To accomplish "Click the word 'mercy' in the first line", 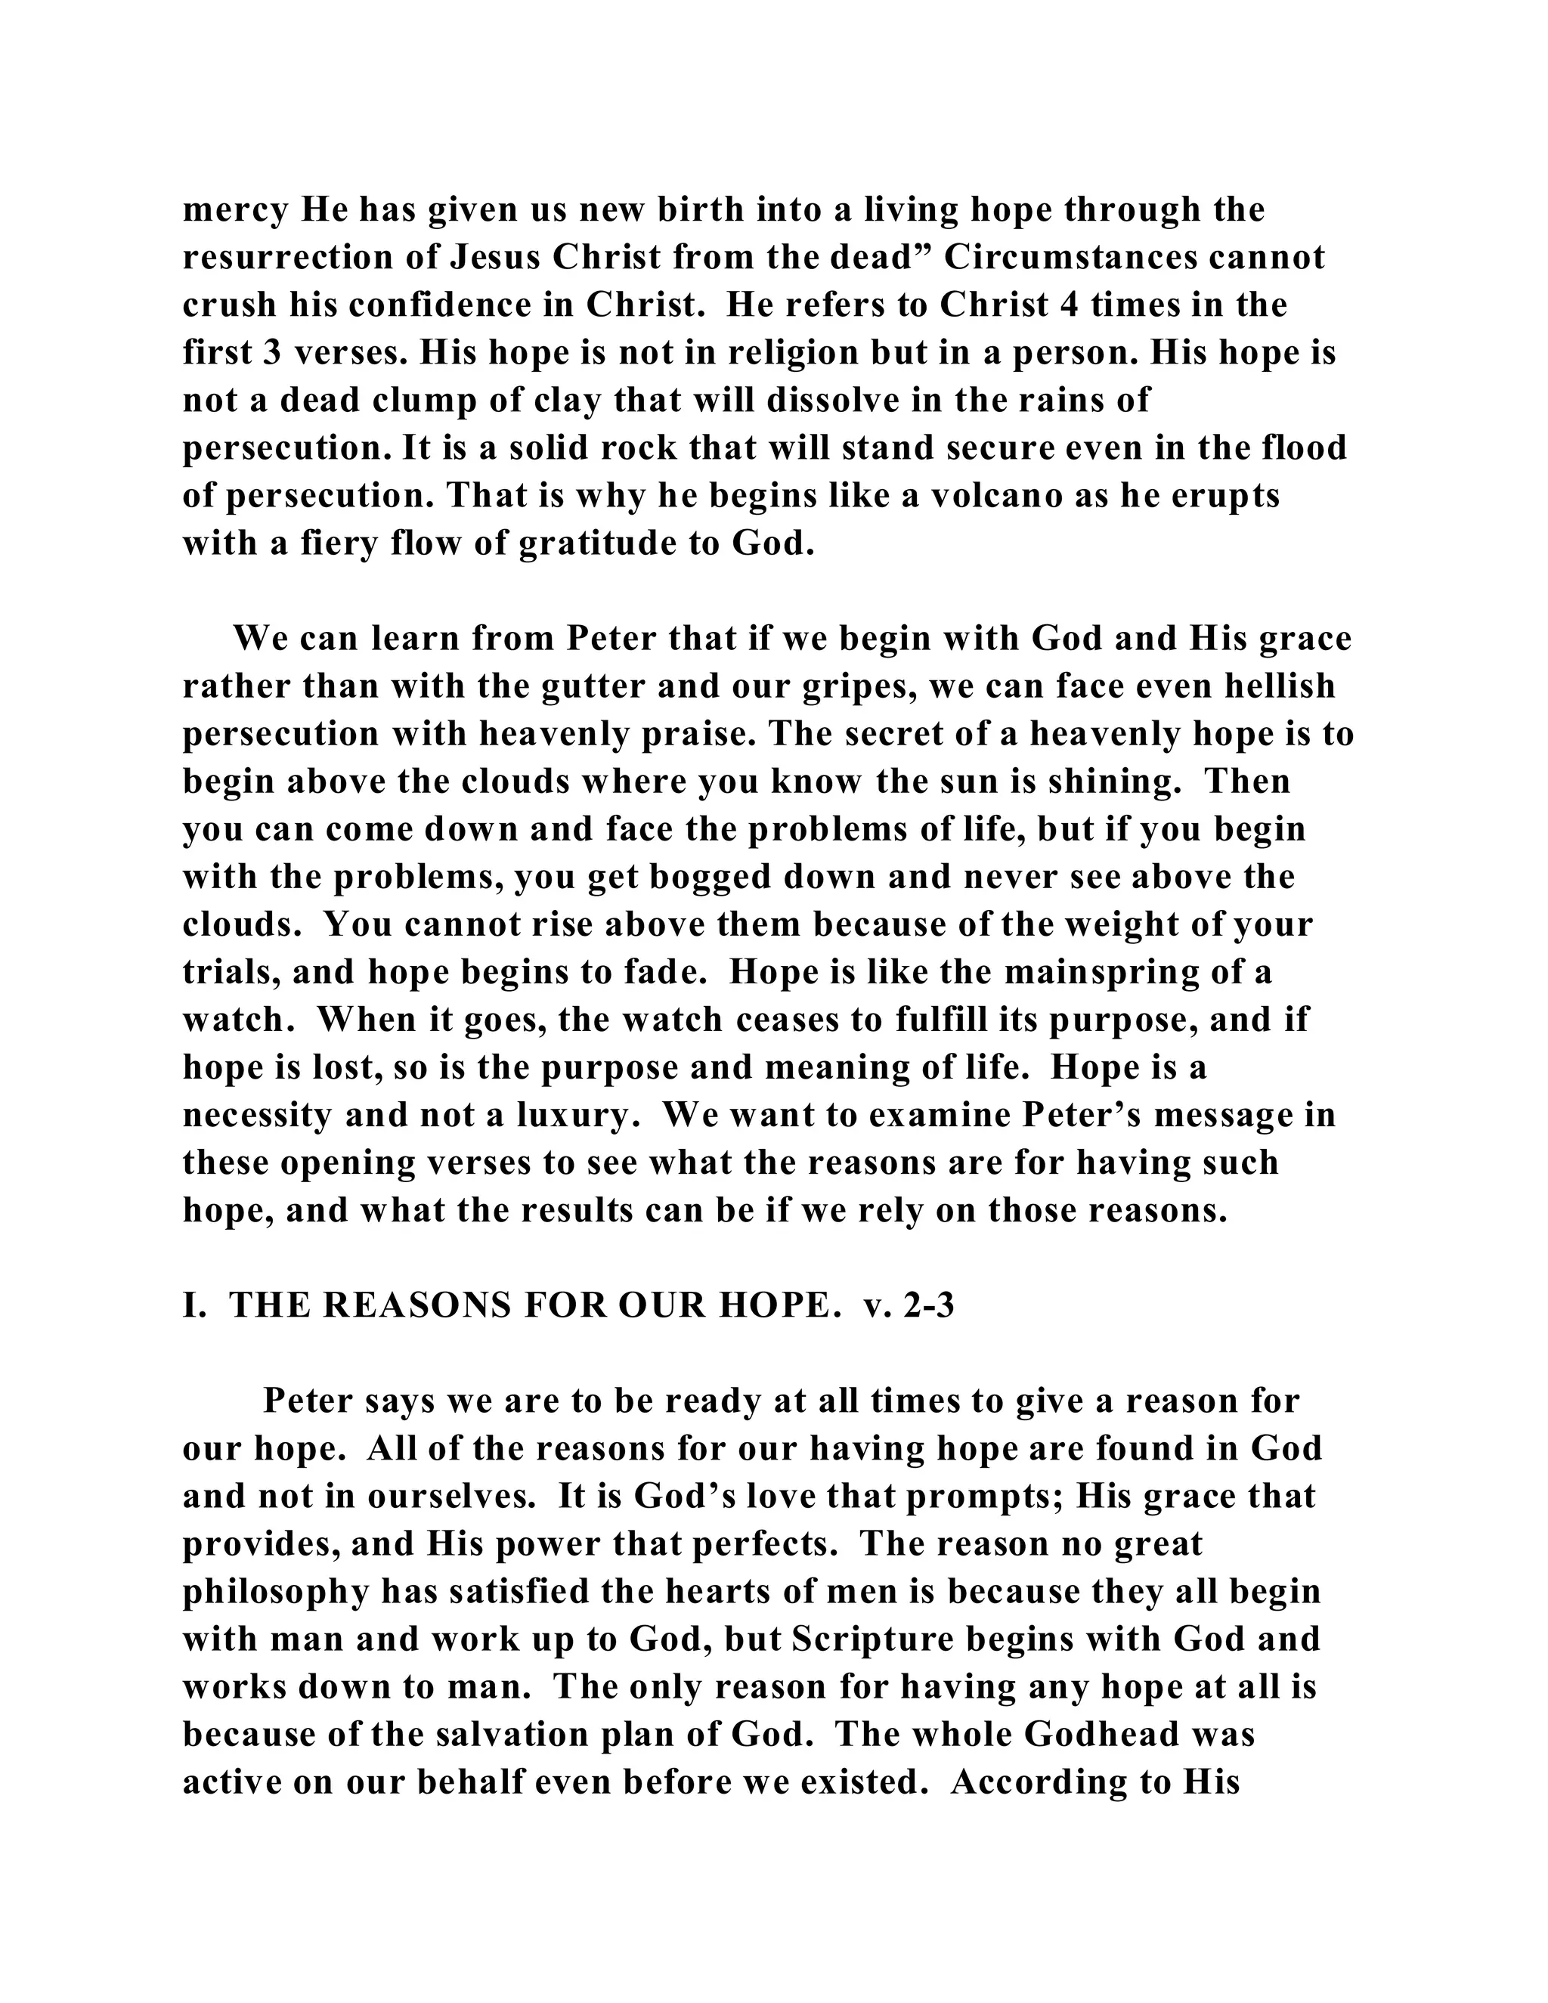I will tap(235, 211).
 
